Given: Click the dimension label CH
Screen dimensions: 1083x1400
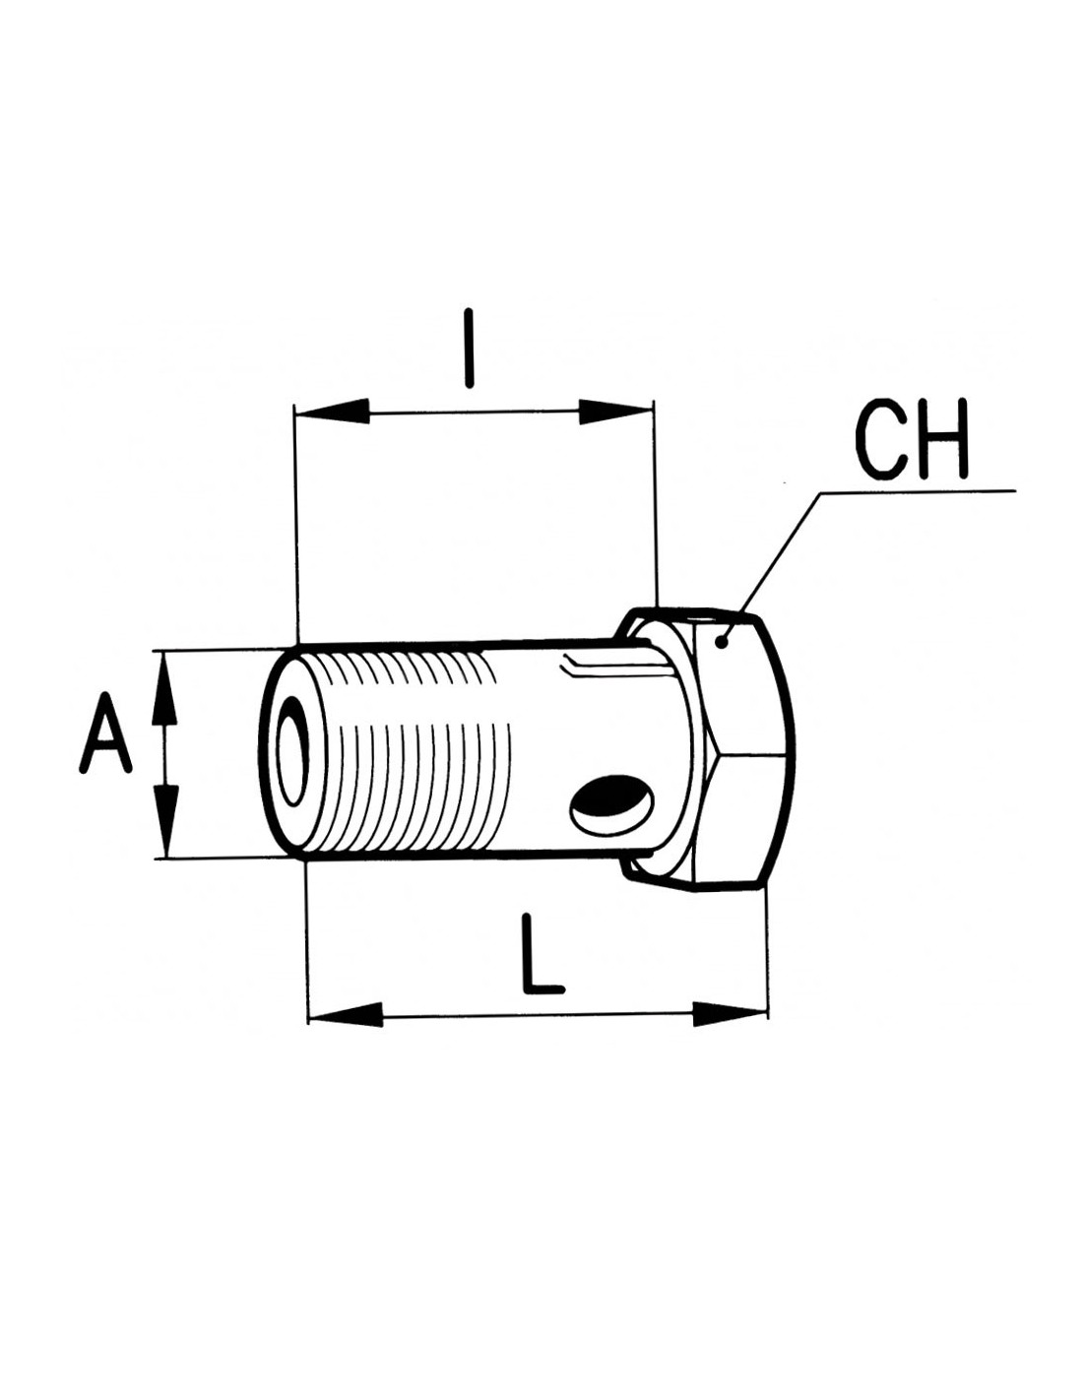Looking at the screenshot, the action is [x=912, y=439].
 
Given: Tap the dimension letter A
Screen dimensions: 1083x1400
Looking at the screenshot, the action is [x=105, y=733].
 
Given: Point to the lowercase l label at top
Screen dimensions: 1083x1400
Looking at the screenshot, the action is [x=471, y=349].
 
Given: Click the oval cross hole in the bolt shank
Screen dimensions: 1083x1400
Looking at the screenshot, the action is [x=612, y=803].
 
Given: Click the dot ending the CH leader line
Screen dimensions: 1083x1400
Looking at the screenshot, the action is [x=723, y=641].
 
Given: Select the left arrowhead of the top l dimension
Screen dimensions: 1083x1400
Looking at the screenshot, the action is [x=333, y=412].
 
